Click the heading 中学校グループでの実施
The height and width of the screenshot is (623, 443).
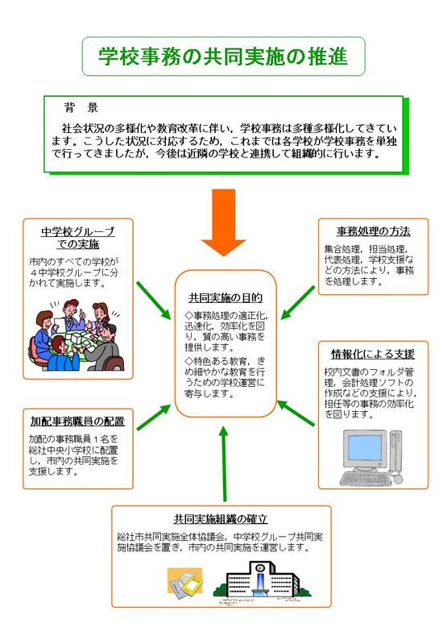point(77,238)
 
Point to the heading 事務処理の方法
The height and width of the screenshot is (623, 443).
point(370,231)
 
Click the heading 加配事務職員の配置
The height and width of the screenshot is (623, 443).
point(77,421)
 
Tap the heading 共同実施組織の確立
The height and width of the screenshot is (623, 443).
point(219,517)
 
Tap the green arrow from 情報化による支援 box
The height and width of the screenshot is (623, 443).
point(298,412)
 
